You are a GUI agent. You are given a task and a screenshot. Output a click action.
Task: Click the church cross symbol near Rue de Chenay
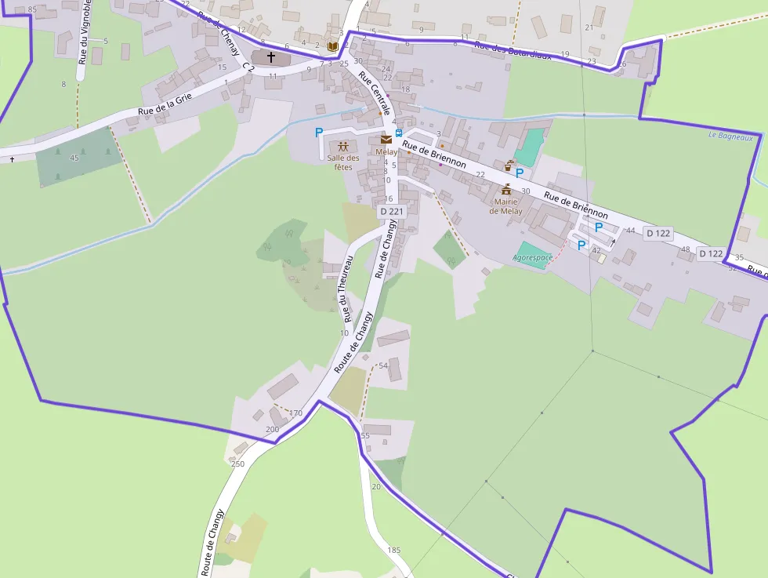(x=271, y=57)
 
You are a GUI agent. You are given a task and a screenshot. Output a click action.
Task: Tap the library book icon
(x=332, y=48)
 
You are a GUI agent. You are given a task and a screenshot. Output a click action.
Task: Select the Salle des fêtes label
(x=343, y=162)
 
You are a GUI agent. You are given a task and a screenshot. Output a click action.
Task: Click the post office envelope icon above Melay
(x=386, y=140)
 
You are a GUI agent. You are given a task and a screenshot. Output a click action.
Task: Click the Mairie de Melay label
(x=505, y=206)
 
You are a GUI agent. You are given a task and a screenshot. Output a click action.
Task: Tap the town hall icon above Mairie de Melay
(x=506, y=190)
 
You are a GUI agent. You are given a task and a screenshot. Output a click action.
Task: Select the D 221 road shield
(x=390, y=211)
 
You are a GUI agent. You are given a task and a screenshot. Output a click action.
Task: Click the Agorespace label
(x=533, y=257)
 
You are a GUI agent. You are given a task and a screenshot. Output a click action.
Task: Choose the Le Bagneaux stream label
(x=730, y=136)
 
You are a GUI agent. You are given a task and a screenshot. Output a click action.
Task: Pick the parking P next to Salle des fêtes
(x=319, y=133)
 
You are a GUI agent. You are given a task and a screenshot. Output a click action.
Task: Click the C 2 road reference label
(x=249, y=68)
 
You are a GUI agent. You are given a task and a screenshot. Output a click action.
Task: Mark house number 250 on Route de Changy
(x=237, y=463)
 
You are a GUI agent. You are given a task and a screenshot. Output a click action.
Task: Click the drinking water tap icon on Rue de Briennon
(x=509, y=165)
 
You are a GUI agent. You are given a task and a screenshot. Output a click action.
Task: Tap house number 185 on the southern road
(x=393, y=550)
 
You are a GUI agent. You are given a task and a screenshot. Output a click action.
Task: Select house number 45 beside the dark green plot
(x=74, y=158)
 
